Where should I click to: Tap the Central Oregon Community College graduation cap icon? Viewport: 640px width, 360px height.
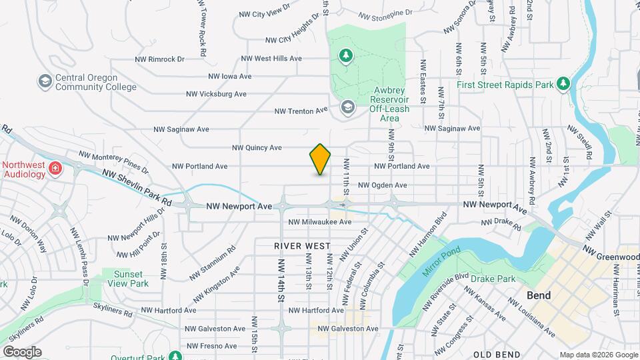[45, 81]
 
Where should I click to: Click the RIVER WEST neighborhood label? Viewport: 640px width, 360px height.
[303, 246]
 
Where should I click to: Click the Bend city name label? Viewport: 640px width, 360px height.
[539, 295]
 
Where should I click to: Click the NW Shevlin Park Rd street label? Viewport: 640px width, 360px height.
[137, 187]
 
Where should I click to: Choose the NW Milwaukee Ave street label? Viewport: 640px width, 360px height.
[319, 222]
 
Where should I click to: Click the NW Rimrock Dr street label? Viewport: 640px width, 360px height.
[157, 59]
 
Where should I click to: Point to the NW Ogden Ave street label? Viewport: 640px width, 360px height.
[382, 185]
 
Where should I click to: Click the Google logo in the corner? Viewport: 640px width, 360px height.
[22, 351]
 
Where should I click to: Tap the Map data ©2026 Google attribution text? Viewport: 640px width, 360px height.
[598, 355]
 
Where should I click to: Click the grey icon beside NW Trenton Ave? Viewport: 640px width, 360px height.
[347, 107]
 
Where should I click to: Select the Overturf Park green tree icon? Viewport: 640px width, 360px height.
[175, 356]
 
